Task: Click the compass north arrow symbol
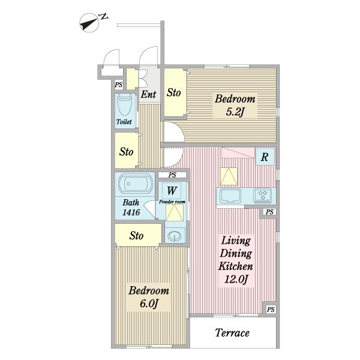click(89, 23)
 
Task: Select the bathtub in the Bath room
click(136, 183)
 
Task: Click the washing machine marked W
click(172, 190)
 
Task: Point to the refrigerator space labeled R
click(265, 157)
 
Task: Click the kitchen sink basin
click(230, 196)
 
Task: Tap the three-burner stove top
click(262, 196)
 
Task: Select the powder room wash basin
click(175, 236)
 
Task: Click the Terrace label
click(232, 333)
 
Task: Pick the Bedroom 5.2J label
click(235, 105)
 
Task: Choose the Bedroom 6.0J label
click(149, 297)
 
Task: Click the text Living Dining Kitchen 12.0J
click(236, 260)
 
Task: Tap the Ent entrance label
click(148, 94)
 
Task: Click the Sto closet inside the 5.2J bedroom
click(175, 93)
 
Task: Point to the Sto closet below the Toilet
click(127, 151)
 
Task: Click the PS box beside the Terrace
click(271, 309)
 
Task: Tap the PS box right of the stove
click(269, 212)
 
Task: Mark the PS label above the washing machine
click(172, 175)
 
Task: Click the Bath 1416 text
click(131, 208)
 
